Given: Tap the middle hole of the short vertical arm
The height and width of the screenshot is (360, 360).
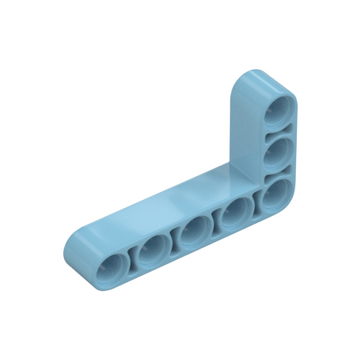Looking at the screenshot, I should [x=278, y=151].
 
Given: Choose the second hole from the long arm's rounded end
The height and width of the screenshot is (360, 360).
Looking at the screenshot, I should [x=155, y=248].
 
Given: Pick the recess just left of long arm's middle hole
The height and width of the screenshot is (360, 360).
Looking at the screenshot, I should [x=176, y=239].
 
